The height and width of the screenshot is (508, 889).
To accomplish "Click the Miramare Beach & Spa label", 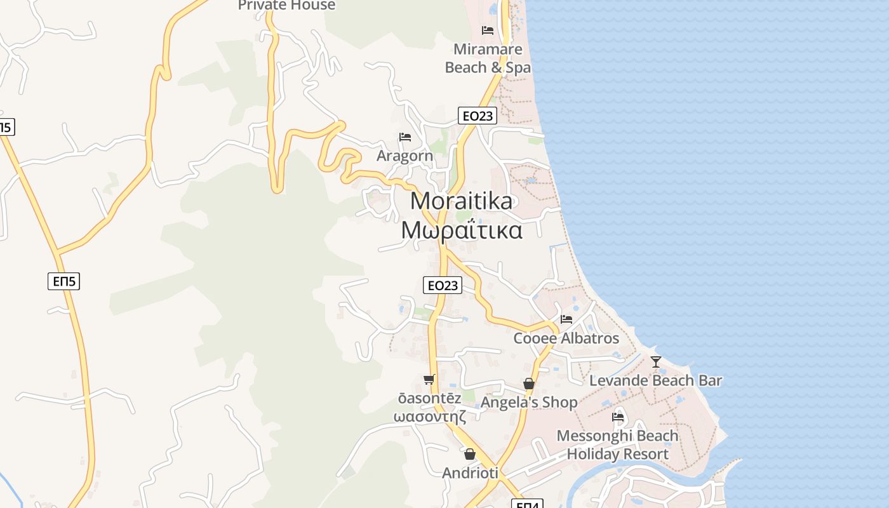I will pos(488,58).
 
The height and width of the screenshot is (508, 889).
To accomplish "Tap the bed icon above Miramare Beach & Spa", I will pos(488,30).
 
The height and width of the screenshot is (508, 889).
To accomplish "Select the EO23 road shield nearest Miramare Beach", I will pos(477,116).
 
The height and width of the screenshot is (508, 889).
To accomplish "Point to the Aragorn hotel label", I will pos(404,156).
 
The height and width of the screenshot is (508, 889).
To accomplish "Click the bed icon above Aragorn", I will pos(404,137).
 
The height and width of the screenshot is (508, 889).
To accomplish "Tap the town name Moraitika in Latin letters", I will pos(461,201).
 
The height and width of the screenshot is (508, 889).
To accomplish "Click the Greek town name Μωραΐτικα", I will pos(462,230).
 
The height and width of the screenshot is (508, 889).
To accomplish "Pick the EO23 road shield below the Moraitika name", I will pos(443,285).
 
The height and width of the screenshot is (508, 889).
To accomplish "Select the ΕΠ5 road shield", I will pos(63,281).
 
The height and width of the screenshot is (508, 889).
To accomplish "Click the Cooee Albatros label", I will pos(566,338).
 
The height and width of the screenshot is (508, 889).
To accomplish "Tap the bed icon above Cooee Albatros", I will pos(566,319).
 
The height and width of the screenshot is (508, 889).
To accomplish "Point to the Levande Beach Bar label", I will pos(655,380).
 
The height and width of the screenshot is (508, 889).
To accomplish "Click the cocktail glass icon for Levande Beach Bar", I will pos(656,362).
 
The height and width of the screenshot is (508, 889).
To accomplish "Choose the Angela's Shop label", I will pos(529,402).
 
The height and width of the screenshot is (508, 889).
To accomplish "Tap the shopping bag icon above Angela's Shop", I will pos(528,384).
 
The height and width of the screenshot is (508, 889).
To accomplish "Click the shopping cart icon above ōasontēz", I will pos(429,380).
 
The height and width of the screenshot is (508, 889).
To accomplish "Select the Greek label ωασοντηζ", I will pos(430,417).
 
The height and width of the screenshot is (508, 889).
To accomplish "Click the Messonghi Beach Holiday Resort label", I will pos(617,445).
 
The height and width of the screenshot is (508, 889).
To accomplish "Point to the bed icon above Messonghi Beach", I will pos(617,417).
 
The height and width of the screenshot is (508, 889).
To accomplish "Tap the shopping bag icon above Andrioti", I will pos(470,454).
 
